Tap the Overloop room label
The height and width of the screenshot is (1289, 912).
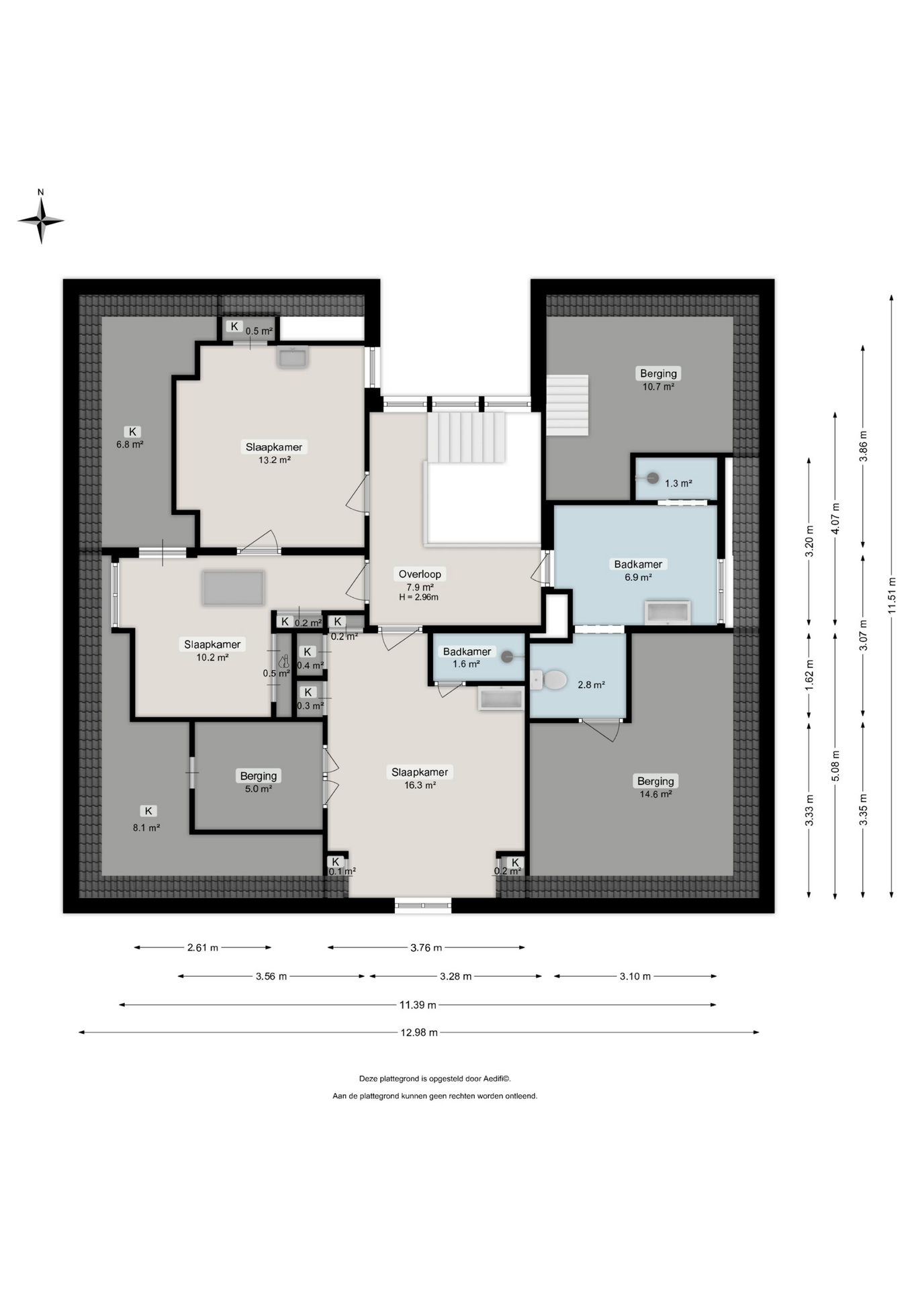point(420,574)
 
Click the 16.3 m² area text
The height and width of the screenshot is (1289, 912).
point(420,785)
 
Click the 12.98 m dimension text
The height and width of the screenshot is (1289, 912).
point(419,1033)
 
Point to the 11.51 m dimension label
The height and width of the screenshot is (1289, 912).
point(892,595)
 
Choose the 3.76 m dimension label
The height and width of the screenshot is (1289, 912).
point(426,948)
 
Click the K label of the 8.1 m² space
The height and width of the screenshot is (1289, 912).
point(148,811)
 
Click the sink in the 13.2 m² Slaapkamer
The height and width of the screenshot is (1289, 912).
point(292,357)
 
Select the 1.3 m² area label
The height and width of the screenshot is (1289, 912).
point(678,483)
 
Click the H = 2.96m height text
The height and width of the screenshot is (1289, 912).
point(418,597)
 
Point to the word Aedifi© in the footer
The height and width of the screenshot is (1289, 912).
point(497,1079)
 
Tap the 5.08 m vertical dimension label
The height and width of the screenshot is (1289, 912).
point(835,765)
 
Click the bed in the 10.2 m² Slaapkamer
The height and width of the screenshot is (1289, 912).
point(234,587)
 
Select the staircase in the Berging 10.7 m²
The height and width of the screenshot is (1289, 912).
point(567,405)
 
